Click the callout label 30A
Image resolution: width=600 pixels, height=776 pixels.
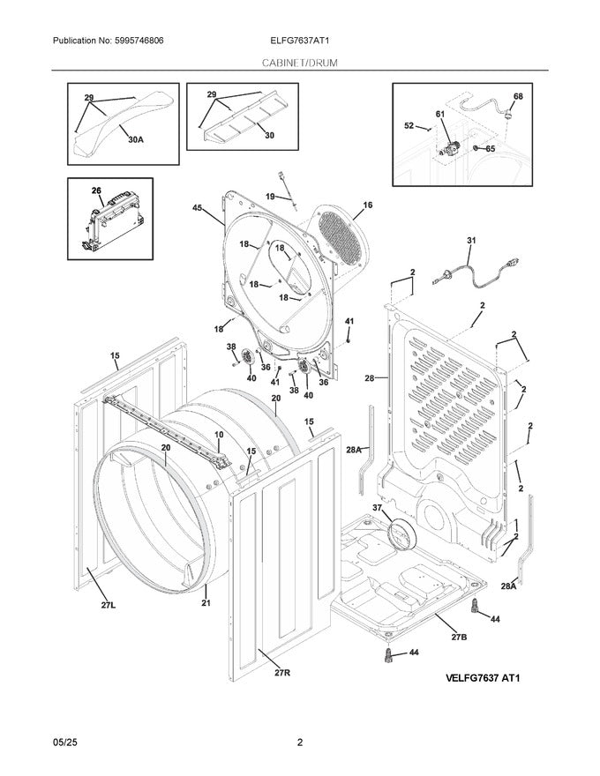point(136,139)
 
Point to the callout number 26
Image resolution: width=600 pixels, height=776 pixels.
point(97,190)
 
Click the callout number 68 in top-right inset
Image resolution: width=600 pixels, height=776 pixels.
point(518,96)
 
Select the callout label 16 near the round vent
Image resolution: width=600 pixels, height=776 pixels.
point(367,205)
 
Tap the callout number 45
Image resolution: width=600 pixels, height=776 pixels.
point(197,208)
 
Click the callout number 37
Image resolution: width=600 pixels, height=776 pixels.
point(378,508)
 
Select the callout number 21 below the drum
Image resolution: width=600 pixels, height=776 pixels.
point(206,603)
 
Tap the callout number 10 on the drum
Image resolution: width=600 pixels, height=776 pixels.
point(219,436)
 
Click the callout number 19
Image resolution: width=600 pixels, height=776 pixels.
point(271,197)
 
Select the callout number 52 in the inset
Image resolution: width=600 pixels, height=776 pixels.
point(409,126)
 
